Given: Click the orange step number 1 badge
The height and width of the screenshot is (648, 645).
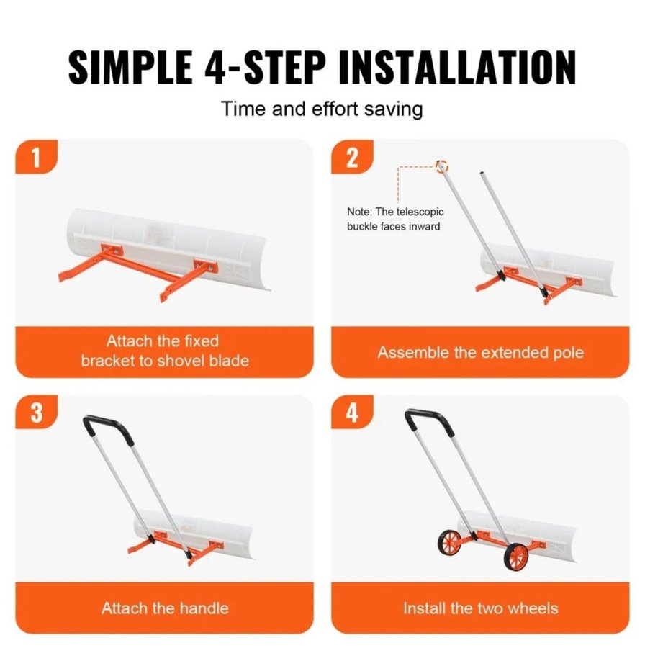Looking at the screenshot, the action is tap(36, 157).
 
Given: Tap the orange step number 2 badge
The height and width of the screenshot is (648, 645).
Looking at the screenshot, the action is tap(352, 157).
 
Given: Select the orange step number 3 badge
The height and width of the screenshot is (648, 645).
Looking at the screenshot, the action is tap(36, 412).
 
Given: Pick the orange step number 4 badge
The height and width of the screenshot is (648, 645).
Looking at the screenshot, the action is tap(352, 412).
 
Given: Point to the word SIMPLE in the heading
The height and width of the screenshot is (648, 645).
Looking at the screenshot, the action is tap(130, 67).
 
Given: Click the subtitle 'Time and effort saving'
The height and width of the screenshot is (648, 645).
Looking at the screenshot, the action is tap(322, 109).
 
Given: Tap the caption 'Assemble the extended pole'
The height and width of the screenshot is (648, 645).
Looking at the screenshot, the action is tap(481, 353).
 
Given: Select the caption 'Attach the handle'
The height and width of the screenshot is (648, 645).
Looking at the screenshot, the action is tap(165, 608).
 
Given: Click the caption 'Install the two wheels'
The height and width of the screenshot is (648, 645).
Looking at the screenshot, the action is tap(481, 608).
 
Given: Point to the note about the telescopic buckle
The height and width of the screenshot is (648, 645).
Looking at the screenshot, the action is tap(394, 219).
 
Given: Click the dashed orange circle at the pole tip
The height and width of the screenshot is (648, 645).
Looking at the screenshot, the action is tap(442, 166).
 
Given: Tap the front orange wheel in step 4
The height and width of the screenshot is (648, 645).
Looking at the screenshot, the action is tap(516, 557).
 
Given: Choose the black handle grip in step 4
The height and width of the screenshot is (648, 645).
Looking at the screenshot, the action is tap(429, 420).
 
